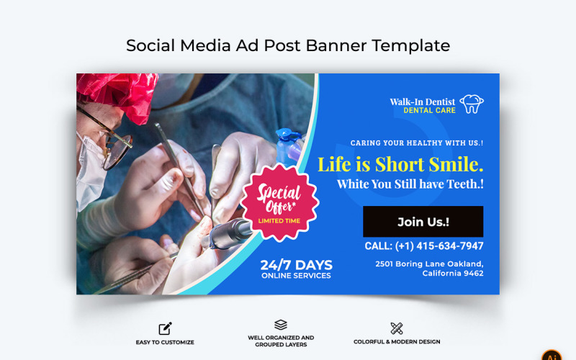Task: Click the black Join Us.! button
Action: (x=423, y=222)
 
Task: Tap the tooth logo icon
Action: (x=472, y=104)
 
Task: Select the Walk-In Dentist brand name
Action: (x=422, y=102)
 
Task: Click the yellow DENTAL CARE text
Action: (x=429, y=111)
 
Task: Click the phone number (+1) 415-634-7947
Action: (x=424, y=246)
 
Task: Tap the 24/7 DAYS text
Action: (x=297, y=264)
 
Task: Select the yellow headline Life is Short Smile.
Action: (x=400, y=164)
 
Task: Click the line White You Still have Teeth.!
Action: (x=410, y=184)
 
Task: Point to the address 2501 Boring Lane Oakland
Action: (x=429, y=264)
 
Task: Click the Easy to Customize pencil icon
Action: (x=166, y=328)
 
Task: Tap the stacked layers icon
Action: (x=281, y=325)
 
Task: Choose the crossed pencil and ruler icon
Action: (x=396, y=328)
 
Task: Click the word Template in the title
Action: (x=412, y=45)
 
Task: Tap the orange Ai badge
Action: (x=552, y=354)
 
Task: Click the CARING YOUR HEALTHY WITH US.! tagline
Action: (x=417, y=143)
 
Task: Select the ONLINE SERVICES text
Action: (x=297, y=276)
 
